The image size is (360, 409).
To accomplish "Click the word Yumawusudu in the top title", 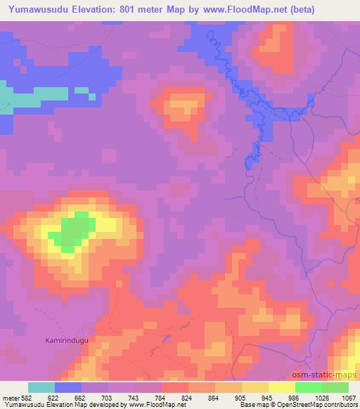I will click(34, 9).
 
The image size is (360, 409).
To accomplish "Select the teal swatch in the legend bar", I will click(41, 387).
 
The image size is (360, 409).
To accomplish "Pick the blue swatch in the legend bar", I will click(68, 387).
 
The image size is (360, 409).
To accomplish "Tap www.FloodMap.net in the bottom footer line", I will click(151, 405).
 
